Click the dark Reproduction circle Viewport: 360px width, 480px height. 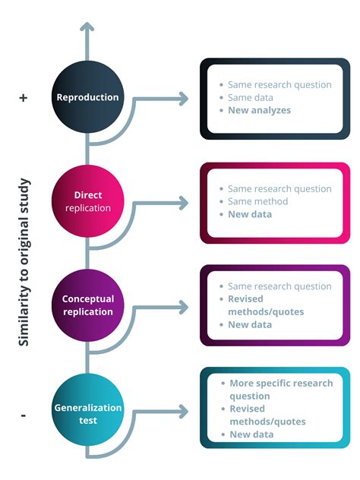87,97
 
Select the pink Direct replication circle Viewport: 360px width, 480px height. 87,201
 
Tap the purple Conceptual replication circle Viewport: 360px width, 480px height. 87,305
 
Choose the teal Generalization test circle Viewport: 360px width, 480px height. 87,413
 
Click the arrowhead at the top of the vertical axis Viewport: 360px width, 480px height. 87,29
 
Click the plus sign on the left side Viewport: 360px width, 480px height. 23,98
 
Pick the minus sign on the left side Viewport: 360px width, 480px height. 24,415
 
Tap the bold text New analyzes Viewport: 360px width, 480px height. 259,111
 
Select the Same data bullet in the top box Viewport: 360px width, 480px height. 250,98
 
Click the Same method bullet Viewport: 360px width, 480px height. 257,201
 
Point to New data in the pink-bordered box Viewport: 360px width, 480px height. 250,214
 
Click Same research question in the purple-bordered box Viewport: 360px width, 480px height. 279,286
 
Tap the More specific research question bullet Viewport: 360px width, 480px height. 281,390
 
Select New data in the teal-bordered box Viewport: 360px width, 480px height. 251,434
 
